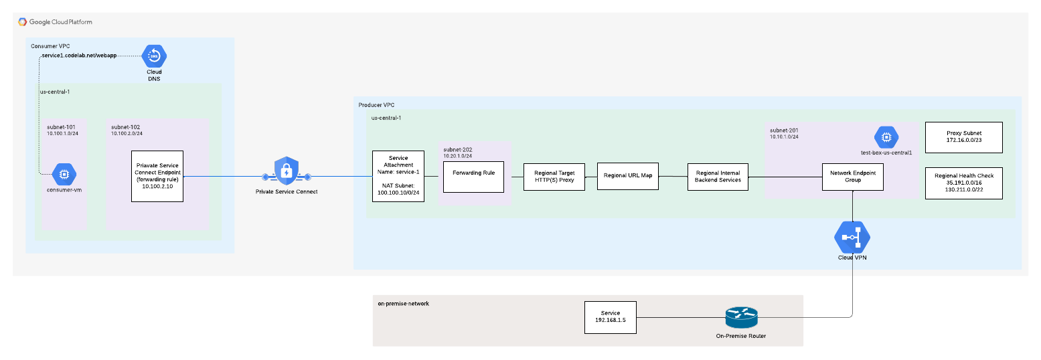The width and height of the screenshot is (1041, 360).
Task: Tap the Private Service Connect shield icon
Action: click(x=287, y=173)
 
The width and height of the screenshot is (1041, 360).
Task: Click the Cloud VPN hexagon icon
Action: click(x=852, y=238)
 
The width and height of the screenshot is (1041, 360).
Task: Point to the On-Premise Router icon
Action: click(x=740, y=317)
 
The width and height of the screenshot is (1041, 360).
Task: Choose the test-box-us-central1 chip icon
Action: click(x=886, y=137)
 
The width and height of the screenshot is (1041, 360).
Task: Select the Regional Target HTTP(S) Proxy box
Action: click(x=554, y=177)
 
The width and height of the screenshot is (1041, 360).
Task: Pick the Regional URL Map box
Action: click(x=628, y=175)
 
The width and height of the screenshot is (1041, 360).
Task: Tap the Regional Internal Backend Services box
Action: click(x=718, y=176)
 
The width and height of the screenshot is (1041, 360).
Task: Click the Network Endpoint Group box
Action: click(x=853, y=176)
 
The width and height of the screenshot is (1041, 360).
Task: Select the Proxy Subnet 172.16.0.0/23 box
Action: click(x=963, y=137)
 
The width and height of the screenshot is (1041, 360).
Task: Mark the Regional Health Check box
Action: click(x=963, y=183)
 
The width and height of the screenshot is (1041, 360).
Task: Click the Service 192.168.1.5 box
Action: click(x=610, y=317)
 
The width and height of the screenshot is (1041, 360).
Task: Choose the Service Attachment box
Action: click(x=398, y=177)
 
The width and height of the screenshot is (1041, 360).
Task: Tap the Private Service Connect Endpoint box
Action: click(x=157, y=177)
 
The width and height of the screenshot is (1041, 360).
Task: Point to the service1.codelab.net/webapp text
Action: click(x=79, y=56)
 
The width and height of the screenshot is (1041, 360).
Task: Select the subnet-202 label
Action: click(x=459, y=148)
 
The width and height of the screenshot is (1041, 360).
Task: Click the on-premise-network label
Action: click(x=403, y=303)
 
